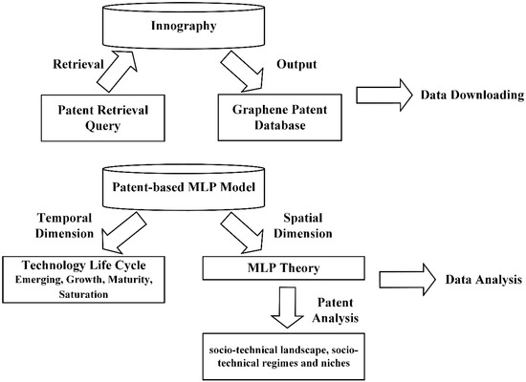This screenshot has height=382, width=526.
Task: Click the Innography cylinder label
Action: (x=184, y=26)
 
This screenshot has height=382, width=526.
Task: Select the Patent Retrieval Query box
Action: (x=103, y=118)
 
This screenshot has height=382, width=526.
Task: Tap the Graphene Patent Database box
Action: (x=280, y=117)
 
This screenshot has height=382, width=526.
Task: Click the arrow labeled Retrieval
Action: (x=117, y=71)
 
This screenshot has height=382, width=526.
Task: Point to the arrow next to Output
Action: (x=242, y=71)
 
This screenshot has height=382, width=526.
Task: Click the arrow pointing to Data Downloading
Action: (x=384, y=95)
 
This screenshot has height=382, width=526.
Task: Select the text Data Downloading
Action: (x=472, y=95)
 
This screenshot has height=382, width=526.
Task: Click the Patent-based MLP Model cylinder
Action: (x=184, y=187)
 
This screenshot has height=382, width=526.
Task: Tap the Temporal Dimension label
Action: (x=64, y=225)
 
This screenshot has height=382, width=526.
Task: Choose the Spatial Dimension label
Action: (x=303, y=225)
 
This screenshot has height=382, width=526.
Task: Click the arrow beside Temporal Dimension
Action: (x=123, y=233)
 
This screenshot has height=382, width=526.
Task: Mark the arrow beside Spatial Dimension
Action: (x=242, y=233)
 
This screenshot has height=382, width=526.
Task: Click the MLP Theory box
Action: (x=284, y=268)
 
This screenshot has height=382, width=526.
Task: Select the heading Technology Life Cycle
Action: (x=84, y=265)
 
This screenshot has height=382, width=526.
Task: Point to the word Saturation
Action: (x=83, y=294)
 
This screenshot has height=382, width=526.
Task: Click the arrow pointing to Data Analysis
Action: (x=407, y=280)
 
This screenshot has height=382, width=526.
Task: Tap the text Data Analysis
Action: (x=484, y=280)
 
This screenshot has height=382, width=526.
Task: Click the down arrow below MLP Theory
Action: (x=287, y=307)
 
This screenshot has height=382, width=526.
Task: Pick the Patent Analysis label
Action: (x=336, y=310)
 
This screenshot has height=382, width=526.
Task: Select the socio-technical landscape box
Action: (x=284, y=356)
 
